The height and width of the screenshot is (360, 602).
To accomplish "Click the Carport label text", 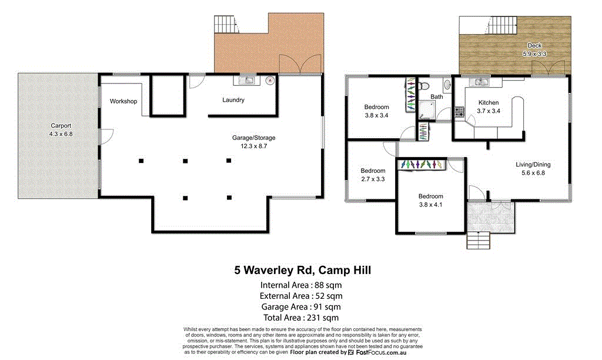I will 61,126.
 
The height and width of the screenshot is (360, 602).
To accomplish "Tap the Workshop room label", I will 123,101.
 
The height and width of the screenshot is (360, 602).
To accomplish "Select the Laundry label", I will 233,100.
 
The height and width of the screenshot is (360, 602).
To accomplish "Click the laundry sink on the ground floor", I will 246,80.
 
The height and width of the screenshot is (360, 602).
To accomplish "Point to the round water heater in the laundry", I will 270,80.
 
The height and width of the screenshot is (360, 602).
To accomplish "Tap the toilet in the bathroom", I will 424,85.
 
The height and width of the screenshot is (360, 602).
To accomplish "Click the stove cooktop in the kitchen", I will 459,111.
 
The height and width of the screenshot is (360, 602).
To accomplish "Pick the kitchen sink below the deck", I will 481,82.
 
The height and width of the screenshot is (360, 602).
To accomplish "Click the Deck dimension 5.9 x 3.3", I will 534,54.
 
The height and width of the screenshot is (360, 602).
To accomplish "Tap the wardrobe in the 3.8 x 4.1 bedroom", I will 422,165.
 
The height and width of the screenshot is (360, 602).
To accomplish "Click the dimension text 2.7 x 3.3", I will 372,179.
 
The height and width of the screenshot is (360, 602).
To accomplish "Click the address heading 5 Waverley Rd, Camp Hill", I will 302,271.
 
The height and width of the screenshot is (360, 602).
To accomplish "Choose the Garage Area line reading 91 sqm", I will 301,306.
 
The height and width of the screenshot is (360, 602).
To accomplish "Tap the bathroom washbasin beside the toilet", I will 446,86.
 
